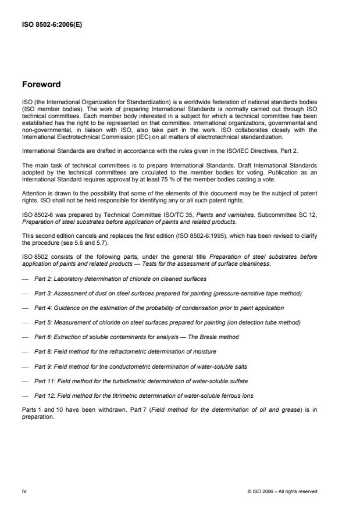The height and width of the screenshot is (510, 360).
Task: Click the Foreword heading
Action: (x=41, y=84)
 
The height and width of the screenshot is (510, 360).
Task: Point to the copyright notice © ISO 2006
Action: (x=281, y=491)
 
